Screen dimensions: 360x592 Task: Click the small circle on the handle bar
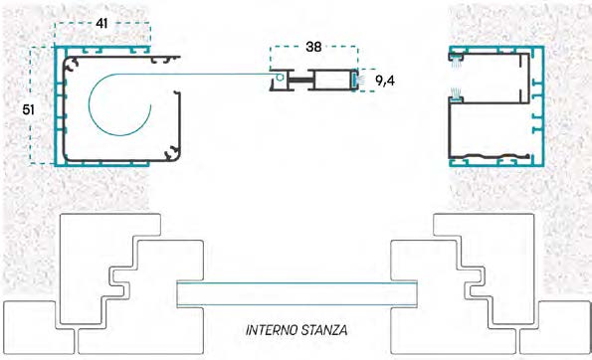pos(282,78)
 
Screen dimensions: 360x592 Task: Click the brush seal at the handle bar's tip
pos(354,77)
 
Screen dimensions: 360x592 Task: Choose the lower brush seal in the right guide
pos(457,97)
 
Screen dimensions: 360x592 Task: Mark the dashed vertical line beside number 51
pos(45,108)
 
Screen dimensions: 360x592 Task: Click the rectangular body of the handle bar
pos(324,78)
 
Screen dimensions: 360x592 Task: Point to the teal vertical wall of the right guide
pos(543,104)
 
